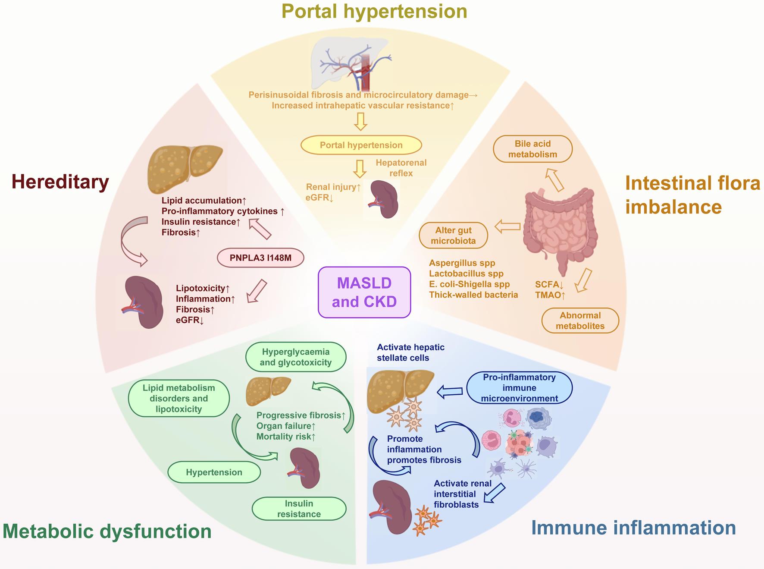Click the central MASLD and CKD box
pos(364,292)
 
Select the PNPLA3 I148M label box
pos(260,258)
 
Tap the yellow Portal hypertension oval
pos(361,145)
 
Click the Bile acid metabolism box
pos(532,149)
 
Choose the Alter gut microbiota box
pos(453,236)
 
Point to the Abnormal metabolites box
pos(580,321)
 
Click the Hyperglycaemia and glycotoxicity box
pos(295,357)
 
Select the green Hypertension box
pos(214,472)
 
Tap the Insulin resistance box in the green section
pos(299,509)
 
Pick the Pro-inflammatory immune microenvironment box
pos(519,388)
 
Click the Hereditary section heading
pos(60,182)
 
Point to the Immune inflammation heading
pos(633,528)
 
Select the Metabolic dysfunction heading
pos(107,531)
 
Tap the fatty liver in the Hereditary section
pos(185,169)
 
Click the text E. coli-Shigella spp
pos(469,284)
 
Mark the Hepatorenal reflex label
pos(401,168)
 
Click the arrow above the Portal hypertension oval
pos(360,122)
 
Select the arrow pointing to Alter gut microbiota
pos(507,226)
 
